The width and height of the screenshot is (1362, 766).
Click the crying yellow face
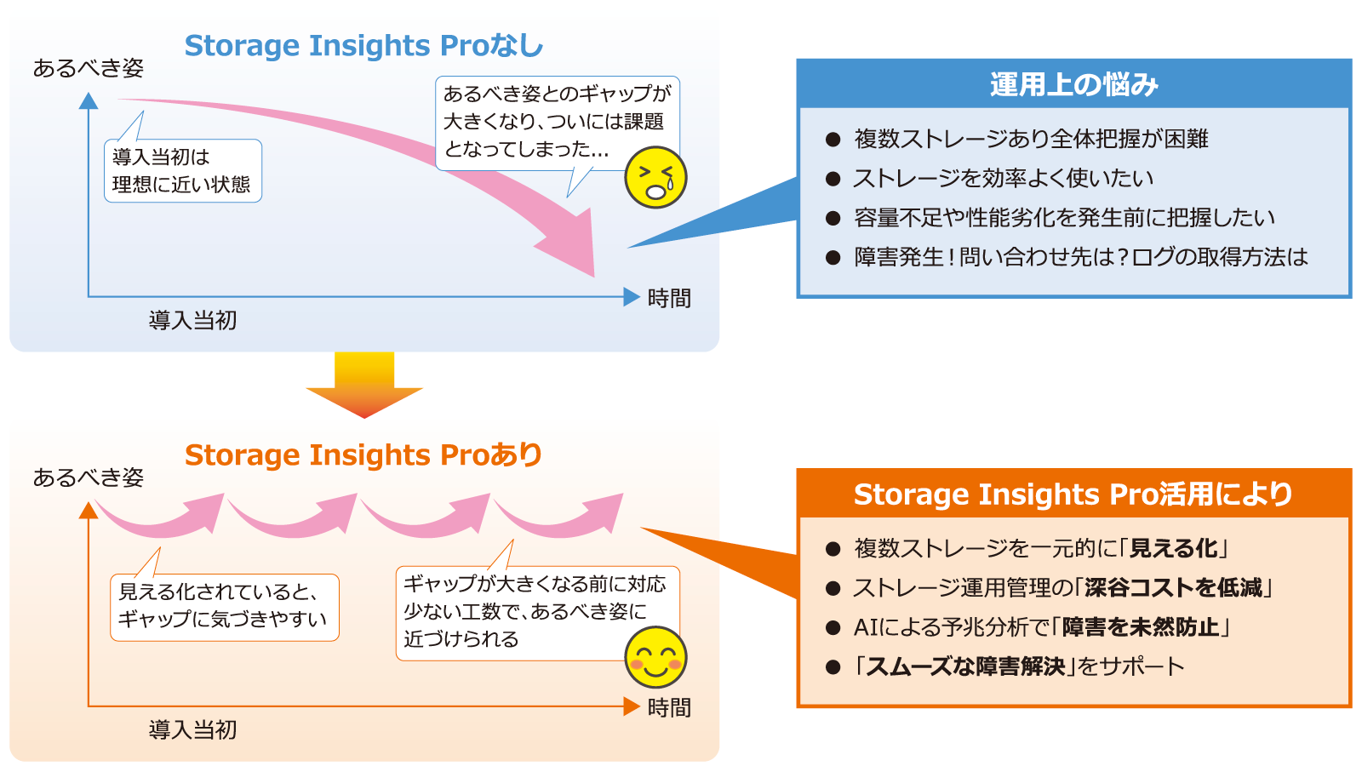tap(655, 177)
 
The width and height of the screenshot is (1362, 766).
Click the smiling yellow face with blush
tap(655, 657)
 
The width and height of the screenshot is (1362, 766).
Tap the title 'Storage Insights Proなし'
tap(363, 46)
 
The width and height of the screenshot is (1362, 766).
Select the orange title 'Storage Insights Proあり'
tap(363, 454)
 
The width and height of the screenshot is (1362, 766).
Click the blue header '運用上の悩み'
tap(1073, 84)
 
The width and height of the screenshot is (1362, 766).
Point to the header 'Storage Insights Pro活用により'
tap(1073, 494)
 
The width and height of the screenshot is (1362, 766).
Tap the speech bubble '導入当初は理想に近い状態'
tap(182, 171)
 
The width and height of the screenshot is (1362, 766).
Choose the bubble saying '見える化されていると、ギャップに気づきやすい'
tap(225, 607)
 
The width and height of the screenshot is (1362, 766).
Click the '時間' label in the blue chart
tap(669, 299)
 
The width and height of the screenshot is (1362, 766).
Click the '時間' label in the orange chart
tap(669, 707)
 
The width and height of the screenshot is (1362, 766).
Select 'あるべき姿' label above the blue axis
tap(89, 68)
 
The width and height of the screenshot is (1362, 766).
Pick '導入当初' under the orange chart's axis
tap(192, 729)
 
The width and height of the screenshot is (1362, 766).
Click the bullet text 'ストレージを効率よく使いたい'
tap(1004, 178)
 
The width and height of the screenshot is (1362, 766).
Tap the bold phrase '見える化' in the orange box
tap(1174, 548)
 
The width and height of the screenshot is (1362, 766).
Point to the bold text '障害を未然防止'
tap(1141, 626)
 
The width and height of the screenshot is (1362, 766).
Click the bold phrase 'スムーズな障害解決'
tap(965, 666)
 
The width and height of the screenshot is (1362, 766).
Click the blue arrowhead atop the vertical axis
tap(89, 100)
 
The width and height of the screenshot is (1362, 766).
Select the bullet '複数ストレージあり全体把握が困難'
tap(1031, 140)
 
